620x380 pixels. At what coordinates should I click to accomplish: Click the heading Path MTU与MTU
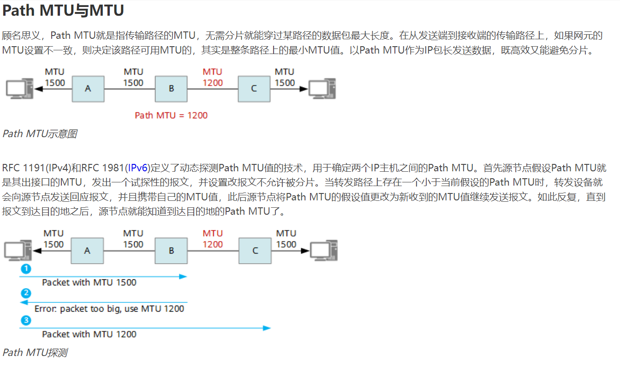point(63,11)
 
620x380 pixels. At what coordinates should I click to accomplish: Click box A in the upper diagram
point(88,88)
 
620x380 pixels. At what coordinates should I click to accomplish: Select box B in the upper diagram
point(171,88)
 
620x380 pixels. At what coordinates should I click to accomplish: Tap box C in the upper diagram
point(254,88)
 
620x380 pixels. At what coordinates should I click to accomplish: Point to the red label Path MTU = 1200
point(171,115)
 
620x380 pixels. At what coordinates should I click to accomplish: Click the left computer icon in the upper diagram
point(19,88)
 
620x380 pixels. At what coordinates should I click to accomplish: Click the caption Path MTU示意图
point(40,134)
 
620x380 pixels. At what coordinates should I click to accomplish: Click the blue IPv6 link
point(137,168)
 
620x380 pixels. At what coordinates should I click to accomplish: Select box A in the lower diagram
point(87,251)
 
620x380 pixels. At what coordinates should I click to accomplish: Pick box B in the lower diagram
point(171,251)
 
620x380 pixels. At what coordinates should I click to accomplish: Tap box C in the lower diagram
point(255,251)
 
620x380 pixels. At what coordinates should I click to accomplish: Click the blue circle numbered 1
point(26,268)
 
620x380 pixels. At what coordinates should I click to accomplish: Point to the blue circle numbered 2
point(26,293)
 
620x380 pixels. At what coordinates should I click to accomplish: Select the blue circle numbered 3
point(26,320)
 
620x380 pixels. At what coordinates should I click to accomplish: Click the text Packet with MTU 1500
point(89,283)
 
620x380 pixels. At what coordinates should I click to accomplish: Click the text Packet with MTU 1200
point(89,334)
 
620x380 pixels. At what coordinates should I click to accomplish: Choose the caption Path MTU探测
point(35,353)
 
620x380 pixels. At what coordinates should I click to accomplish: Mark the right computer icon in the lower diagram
point(323,251)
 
